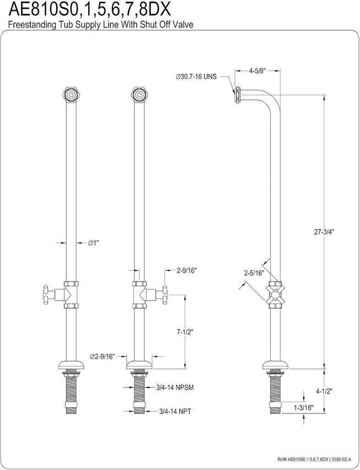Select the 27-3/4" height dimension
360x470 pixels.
pyautogui.click(x=324, y=232)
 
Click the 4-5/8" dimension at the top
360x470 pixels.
pyautogui.click(x=258, y=71)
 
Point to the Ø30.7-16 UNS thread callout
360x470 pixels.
pyautogui.click(x=202, y=77)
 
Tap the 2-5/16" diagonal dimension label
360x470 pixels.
pyautogui.click(x=254, y=273)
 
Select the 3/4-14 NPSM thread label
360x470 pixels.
pyautogui.click(x=174, y=387)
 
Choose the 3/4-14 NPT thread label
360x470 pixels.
pyautogui.click(x=175, y=411)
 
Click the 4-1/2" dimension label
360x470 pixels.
pyautogui.click(x=324, y=391)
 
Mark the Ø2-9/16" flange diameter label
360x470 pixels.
pyautogui.click(x=102, y=356)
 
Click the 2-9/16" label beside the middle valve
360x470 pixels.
pyautogui.click(x=187, y=270)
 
